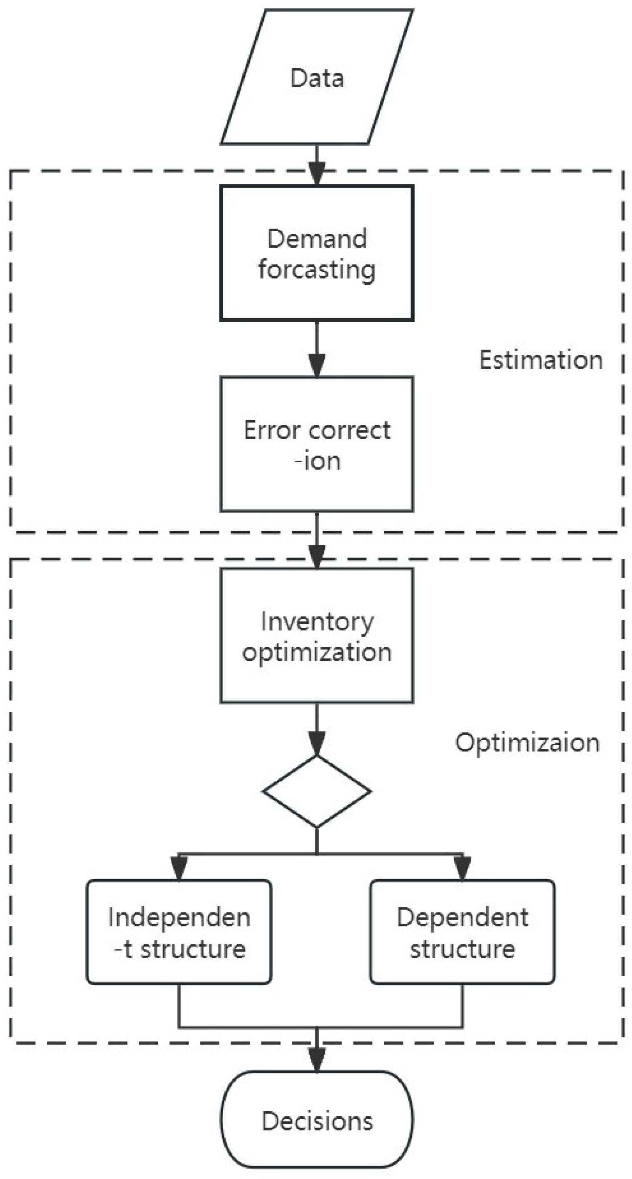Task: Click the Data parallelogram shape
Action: pyautogui.click(x=317, y=77)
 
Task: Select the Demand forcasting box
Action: pyautogui.click(x=317, y=253)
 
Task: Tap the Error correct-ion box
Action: pyautogui.click(x=317, y=444)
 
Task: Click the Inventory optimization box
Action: pyautogui.click(x=317, y=636)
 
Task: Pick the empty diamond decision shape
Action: pyautogui.click(x=317, y=791)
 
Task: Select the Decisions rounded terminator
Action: pyautogui.click(x=317, y=1120)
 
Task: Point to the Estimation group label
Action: pyautogui.click(x=541, y=360)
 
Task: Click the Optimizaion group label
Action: pyautogui.click(x=527, y=742)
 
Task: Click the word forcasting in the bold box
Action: pyautogui.click(x=317, y=269)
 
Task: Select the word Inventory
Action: pyautogui.click(x=317, y=621)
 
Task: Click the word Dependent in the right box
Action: pyautogui.click(x=462, y=917)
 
